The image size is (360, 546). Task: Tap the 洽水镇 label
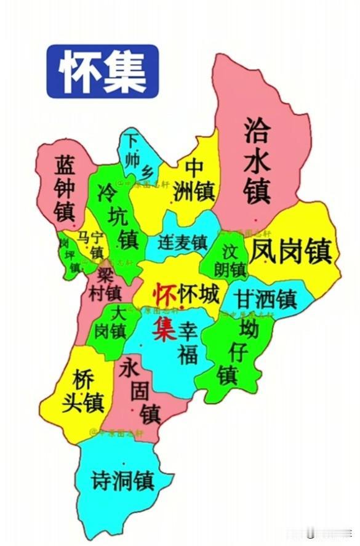click(x=257, y=161)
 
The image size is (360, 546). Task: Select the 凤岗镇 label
click(x=294, y=251)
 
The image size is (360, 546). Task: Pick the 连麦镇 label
click(x=182, y=243)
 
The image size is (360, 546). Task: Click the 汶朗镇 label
click(x=230, y=262)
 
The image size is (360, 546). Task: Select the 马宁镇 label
click(x=90, y=244)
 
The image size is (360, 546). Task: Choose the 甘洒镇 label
click(x=268, y=299)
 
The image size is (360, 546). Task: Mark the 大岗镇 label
click(x=111, y=324)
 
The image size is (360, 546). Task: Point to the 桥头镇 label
click(x=82, y=390)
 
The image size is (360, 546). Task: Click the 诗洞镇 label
click(x=121, y=479)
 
